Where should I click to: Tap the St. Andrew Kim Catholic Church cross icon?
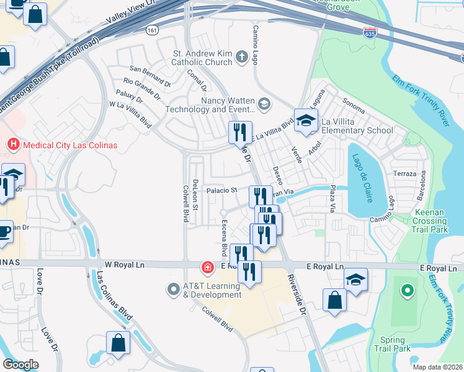[x=242, y=58]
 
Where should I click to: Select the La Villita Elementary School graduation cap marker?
[x=306, y=120]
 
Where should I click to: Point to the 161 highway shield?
[x=151, y=29]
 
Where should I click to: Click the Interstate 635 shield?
[x=370, y=33]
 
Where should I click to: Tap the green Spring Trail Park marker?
[x=407, y=290]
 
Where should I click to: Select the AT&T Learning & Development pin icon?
[x=174, y=290]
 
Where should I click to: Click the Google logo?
[x=21, y=365]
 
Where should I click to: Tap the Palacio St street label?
[x=222, y=191]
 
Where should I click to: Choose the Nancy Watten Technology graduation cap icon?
[x=265, y=104]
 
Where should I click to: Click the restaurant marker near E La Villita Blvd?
[x=240, y=132]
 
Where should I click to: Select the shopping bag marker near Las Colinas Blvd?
[x=118, y=343]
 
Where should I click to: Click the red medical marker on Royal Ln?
[x=207, y=268]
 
